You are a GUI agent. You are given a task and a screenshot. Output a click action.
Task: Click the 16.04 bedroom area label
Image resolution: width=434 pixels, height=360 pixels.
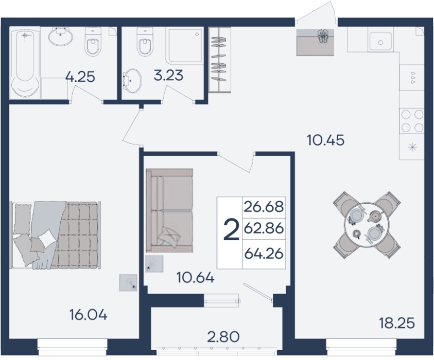click(x=88, y=315)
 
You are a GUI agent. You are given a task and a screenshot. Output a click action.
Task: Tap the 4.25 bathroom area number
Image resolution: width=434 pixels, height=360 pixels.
click(x=80, y=77)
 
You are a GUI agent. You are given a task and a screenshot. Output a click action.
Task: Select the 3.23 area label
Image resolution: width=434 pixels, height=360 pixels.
click(x=168, y=75)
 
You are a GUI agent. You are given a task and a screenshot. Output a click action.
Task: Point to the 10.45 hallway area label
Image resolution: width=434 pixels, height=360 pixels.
click(x=326, y=140)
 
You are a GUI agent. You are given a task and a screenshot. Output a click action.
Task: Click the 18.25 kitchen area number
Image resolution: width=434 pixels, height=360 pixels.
click(x=397, y=323)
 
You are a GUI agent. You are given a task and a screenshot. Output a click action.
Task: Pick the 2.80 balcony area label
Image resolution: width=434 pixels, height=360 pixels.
click(x=223, y=337)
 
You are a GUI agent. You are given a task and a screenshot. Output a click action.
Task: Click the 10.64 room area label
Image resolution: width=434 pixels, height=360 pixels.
click(x=196, y=278)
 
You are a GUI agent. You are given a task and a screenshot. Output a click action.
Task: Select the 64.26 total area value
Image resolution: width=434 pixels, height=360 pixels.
click(x=264, y=254)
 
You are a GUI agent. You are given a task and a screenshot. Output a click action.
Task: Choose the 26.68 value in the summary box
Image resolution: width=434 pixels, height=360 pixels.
click(x=264, y=207)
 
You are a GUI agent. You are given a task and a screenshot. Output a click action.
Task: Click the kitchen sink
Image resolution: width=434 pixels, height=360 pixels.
click(x=380, y=41)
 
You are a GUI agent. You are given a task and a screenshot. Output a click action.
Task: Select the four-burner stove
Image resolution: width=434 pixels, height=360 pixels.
click(x=412, y=121)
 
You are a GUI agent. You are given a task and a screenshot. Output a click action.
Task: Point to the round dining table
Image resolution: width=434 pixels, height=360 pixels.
click(x=363, y=226)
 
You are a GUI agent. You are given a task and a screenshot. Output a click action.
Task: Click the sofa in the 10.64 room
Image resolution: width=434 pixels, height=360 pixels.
click(x=169, y=210)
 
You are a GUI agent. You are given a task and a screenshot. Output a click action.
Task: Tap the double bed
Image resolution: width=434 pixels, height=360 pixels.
click(x=56, y=235)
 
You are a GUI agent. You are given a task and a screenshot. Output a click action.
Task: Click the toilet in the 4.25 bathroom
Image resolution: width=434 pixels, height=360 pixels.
click(x=93, y=42)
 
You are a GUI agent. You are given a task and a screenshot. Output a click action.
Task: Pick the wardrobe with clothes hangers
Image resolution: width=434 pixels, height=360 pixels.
click(x=219, y=60)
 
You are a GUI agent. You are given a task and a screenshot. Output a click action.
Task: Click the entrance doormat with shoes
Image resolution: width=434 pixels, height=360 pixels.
click(x=315, y=42)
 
